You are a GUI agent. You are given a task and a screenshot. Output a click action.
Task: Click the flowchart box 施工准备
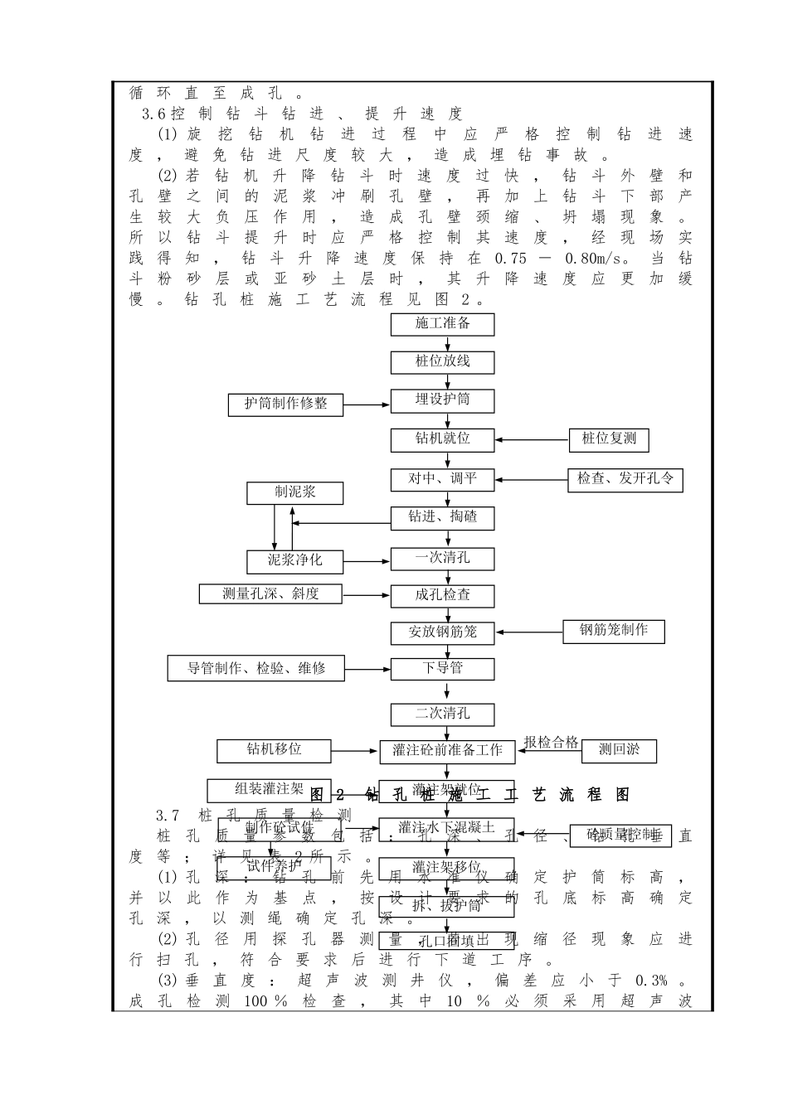(x=443, y=324)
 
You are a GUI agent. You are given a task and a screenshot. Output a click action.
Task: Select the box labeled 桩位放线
(x=443, y=362)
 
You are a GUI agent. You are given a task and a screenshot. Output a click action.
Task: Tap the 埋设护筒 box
(x=443, y=400)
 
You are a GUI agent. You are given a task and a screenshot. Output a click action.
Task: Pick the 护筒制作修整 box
(x=286, y=404)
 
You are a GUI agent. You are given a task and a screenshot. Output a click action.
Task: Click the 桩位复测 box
(x=609, y=439)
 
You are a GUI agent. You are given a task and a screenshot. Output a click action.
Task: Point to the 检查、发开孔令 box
(x=625, y=480)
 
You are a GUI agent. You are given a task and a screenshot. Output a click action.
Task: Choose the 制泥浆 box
(x=294, y=493)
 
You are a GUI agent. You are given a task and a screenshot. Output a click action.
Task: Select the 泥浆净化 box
(x=294, y=561)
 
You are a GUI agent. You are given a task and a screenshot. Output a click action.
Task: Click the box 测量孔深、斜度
(x=270, y=594)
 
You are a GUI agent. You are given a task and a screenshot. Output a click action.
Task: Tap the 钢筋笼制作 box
(x=613, y=631)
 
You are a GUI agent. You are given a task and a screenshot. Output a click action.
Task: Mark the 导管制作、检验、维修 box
(x=255, y=669)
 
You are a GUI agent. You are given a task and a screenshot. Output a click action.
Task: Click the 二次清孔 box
(x=443, y=714)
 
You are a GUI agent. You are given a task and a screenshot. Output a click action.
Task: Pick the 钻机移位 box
(x=274, y=750)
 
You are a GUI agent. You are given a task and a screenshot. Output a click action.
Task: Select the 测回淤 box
(x=618, y=751)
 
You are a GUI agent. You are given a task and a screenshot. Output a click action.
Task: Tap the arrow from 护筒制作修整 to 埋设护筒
(x=367, y=405)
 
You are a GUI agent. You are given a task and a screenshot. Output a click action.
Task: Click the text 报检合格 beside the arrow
(x=551, y=743)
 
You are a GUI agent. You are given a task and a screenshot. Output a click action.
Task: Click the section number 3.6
(x=155, y=114)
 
